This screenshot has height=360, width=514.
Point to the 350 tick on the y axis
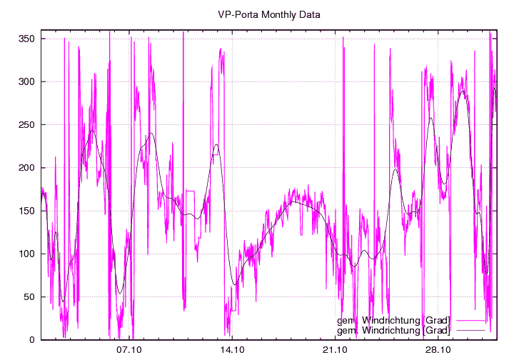(x=26, y=39)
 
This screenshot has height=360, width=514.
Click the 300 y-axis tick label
(x=26, y=81)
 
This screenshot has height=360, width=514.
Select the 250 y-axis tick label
(x=26, y=124)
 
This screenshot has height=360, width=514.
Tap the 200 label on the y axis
(x=26, y=168)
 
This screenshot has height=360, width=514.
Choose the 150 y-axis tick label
(x=26, y=211)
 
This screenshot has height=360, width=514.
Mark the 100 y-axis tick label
(x=26, y=254)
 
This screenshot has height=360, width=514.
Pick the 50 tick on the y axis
(x=29, y=297)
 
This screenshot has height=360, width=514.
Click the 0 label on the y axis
(x=32, y=340)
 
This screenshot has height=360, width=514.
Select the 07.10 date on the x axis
(x=130, y=350)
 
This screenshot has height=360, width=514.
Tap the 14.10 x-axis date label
(x=233, y=350)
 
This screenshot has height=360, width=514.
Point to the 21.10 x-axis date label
(x=335, y=350)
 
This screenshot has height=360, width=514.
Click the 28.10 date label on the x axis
(x=438, y=350)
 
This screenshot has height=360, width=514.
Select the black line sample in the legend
(x=470, y=330)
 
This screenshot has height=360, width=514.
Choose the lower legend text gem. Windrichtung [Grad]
(x=393, y=330)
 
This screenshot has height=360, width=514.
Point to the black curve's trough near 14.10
(x=235, y=285)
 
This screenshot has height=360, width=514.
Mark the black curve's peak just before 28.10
(x=430, y=118)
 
